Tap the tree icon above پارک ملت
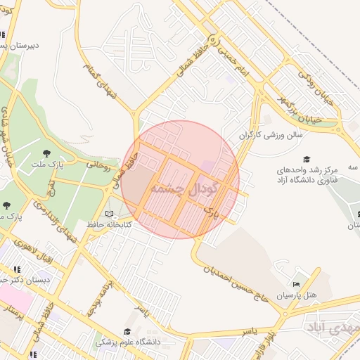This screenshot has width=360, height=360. (x=47, y=152)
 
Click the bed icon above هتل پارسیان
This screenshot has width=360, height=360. (x=296, y=285)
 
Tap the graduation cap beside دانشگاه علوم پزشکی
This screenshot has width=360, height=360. (x=127, y=332)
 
